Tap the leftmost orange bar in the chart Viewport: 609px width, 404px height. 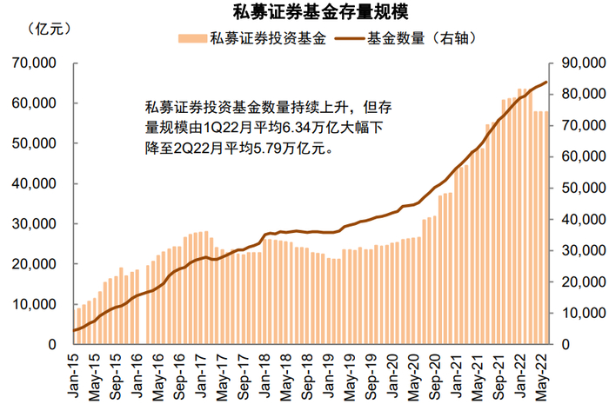click(78, 326)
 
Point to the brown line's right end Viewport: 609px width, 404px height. click(546, 83)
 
